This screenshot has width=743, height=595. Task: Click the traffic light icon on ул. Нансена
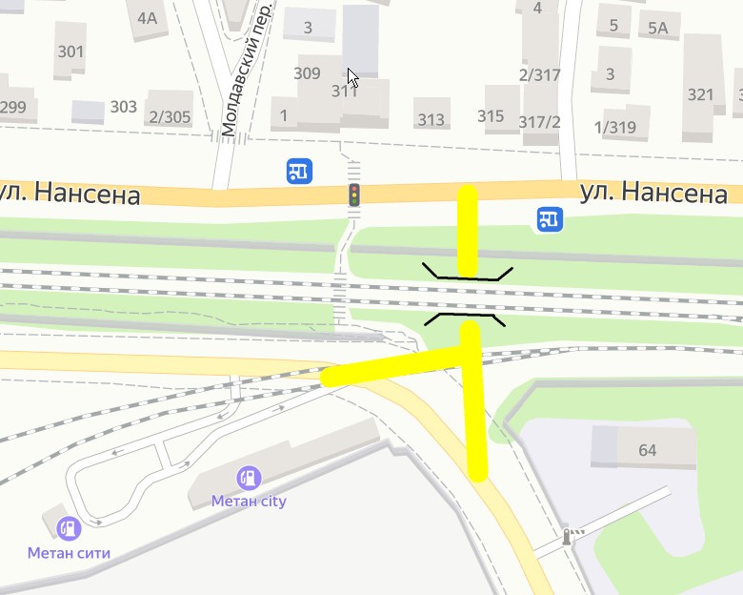click(354, 195)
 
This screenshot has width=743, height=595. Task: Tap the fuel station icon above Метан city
click(249, 476)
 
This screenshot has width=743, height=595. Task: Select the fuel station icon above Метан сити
click(68, 527)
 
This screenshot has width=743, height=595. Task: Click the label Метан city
click(249, 501)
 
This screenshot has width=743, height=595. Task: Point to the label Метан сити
click(69, 552)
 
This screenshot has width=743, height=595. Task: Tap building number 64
click(648, 450)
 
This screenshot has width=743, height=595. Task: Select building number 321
click(700, 94)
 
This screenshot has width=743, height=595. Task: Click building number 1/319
click(614, 128)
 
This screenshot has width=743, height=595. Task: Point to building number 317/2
click(539, 122)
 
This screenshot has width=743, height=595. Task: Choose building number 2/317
click(539, 75)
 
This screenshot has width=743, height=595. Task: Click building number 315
click(491, 116)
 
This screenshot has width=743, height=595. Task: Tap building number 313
click(431, 120)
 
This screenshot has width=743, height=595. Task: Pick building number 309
click(307, 73)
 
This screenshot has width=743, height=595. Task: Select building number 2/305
click(170, 117)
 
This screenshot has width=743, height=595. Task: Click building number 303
click(123, 107)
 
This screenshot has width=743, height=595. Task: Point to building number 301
click(70, 51)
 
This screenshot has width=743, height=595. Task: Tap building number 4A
click(147, 18)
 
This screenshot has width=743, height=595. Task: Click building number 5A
click(658, 28)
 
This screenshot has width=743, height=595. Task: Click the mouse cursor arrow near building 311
click(351, 76)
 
